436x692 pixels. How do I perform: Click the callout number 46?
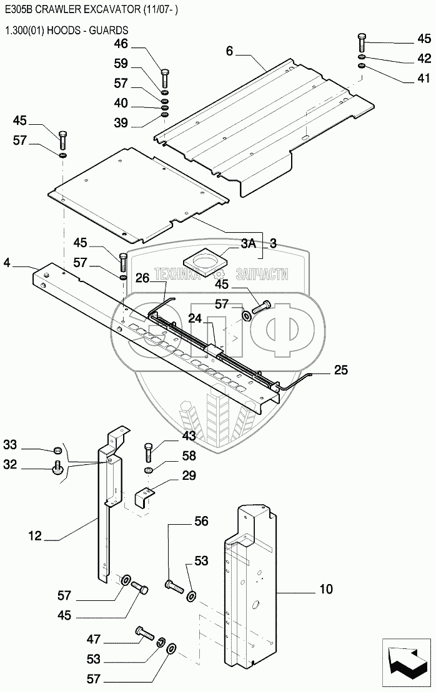(121, 44)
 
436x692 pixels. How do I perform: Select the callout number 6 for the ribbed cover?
(229, 51)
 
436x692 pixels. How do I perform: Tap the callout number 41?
(424, 79)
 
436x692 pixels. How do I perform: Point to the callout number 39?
(121, 123)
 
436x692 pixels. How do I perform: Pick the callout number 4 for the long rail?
(7, 263)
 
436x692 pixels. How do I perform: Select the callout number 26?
(142, 278)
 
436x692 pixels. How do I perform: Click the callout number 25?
(340, 371)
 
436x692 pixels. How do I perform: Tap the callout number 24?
(195, 318)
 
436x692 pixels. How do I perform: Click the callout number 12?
(35, 535)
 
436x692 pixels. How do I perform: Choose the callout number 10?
(325, 588)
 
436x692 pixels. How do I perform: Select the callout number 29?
(189, 476)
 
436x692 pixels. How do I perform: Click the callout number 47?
(94, 640)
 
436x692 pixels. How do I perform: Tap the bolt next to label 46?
(164, 78)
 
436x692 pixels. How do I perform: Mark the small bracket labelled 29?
(145, 497)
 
